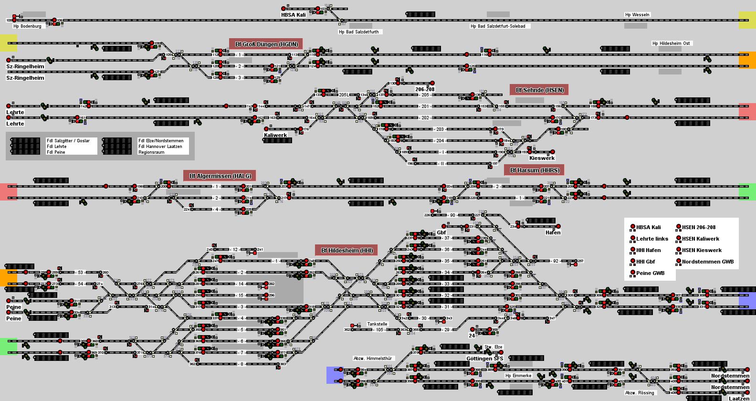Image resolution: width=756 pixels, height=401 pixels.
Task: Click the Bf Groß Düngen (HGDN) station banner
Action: click(x=266, y=44)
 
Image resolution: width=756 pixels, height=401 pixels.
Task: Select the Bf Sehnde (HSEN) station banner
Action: click(x=539, y=90)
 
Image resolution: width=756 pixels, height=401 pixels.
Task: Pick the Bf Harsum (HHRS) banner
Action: click(x=534, y=170)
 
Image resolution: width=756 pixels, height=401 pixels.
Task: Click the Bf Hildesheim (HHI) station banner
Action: click(x=346, y=250)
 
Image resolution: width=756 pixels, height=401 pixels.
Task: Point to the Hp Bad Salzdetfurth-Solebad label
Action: click(x=498, y=26)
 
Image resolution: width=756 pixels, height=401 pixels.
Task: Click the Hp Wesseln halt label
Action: click(x=637, y=14)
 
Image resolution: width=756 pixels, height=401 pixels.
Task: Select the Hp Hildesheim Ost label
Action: click(x=671, y=43)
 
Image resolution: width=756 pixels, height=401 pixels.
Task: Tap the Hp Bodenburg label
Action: click(x=27, y=26)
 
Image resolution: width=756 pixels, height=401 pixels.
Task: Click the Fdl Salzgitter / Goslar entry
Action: click(x=68, y=141)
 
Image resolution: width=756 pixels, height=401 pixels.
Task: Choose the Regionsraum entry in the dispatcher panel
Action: click(x=151, y=152)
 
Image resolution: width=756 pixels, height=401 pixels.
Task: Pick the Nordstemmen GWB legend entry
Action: click(x=707, y=262)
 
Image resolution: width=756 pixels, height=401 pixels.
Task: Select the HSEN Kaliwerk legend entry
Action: click(x=700, y=239)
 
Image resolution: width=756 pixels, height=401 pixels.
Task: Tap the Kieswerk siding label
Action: click(x=542, y=158)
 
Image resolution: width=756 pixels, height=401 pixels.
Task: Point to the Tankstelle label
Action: click(x=377, y=324)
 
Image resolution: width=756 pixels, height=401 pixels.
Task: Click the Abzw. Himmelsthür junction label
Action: click(x=372, y=358)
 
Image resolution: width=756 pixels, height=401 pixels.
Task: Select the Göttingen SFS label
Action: click(x=484, y=359)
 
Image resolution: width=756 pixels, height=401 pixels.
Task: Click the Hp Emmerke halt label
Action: click(x=518, y=375)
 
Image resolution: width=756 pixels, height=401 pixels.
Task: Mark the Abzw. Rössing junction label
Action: click(x=640, y=393)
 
